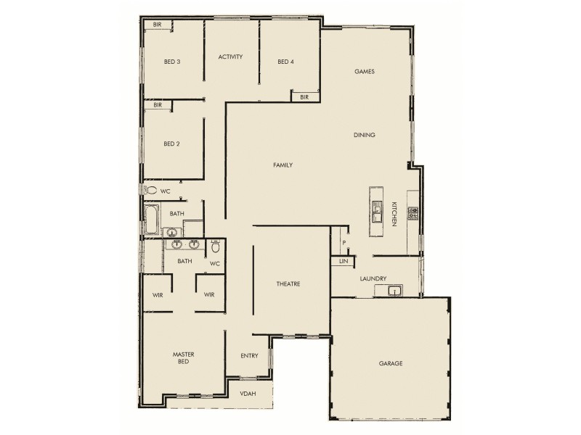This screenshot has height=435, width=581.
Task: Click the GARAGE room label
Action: (x=390, y=363)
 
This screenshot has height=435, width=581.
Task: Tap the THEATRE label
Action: (x=288, y=283)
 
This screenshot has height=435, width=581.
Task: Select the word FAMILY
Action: (x=283, y=165)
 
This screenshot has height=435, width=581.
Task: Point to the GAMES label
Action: (x=364, y=72)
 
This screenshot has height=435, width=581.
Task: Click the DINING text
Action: (x=364, y=135)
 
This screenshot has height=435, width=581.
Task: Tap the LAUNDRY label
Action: (x=373, y=278)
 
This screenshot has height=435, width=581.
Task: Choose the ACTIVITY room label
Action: (x=230, y=57)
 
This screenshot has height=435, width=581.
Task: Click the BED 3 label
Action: (x=172, y=62)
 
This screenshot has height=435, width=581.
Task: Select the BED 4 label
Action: (x=285, y=62)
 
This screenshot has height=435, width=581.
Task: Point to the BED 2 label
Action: (x=171, y=144)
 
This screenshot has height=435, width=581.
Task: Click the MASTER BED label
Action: (x=183, y=357)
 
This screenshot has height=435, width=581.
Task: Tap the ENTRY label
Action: (x=249, y=356)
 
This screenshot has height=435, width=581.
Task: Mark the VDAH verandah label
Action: (x=248, y=394)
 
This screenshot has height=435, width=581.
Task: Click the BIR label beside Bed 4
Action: (x=304, y=96)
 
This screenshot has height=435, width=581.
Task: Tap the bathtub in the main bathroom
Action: (x=152, y=219)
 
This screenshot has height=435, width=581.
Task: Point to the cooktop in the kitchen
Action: (x=413, y=213)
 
